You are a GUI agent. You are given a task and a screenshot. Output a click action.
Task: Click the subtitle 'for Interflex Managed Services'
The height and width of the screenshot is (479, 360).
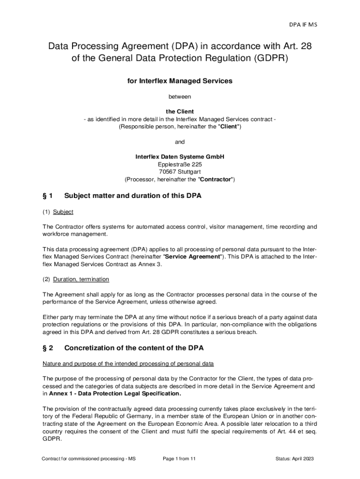click(x=180, y=81)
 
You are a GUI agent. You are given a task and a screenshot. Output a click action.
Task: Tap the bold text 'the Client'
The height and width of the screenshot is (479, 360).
click(x=180, y=112)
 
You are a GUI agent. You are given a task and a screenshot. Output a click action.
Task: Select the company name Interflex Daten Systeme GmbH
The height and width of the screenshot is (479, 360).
click(x=180, y=157)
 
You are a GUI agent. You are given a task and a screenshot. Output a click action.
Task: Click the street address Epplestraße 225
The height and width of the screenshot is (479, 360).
click(x=180, y=164)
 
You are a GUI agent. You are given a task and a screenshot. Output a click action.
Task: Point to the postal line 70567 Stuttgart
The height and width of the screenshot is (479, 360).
click(x=180, y=172)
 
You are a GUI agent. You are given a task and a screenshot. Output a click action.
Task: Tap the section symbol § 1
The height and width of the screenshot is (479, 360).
click(x=48, y=196)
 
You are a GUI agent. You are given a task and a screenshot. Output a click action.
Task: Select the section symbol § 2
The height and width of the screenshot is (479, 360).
click(x=48, y=348)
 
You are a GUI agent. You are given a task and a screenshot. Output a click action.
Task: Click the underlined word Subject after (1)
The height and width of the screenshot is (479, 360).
click(x=63, y=212)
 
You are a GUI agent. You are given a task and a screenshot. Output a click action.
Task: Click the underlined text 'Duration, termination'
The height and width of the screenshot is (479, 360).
click(x=81, y=279)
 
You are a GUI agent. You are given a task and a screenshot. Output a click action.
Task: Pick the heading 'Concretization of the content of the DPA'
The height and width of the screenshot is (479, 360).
click(x=134, y=348)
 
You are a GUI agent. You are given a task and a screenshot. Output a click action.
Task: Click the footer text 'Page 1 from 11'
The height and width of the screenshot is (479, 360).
click(x=179, y=459)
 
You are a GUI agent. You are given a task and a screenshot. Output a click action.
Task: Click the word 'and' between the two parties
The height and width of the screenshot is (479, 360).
click(x=180, y=142)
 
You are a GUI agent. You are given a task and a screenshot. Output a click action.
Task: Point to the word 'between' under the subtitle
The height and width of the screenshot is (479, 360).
click(x=180, y=97)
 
